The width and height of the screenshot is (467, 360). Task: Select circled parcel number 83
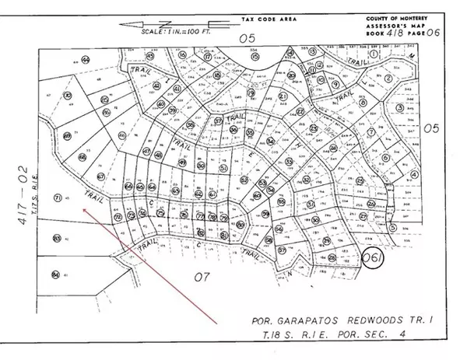(x=56, y=238)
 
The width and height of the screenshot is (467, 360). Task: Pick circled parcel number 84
(x=55, y=274)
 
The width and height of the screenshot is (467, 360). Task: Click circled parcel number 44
(x=86, y=59)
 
